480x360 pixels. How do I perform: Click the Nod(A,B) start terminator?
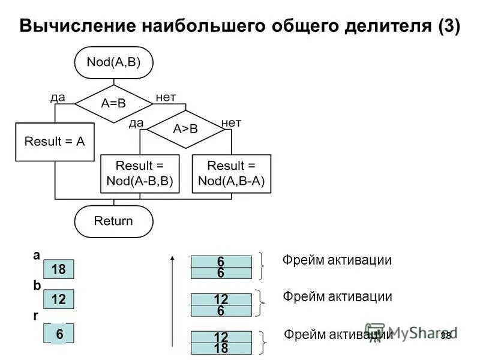113,62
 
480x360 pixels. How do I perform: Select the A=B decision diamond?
113,103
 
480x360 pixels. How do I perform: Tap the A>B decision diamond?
185,129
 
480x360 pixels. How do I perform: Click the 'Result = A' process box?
55,142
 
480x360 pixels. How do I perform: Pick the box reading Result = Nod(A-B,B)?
140,173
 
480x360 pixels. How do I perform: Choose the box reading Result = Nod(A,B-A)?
231,173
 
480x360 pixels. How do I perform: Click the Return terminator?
113,221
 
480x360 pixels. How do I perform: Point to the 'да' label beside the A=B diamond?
58,97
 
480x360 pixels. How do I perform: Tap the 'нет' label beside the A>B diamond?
231,122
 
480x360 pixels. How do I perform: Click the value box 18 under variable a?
58,270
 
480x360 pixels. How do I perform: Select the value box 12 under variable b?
58,299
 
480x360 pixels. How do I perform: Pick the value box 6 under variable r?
58,334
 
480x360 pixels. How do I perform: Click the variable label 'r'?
35,316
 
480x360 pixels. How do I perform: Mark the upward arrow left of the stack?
172,300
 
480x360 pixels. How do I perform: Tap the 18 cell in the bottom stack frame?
221,348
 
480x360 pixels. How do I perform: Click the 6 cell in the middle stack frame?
221,311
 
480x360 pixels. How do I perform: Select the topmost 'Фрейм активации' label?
337,260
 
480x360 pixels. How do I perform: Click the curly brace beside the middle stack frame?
260,303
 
